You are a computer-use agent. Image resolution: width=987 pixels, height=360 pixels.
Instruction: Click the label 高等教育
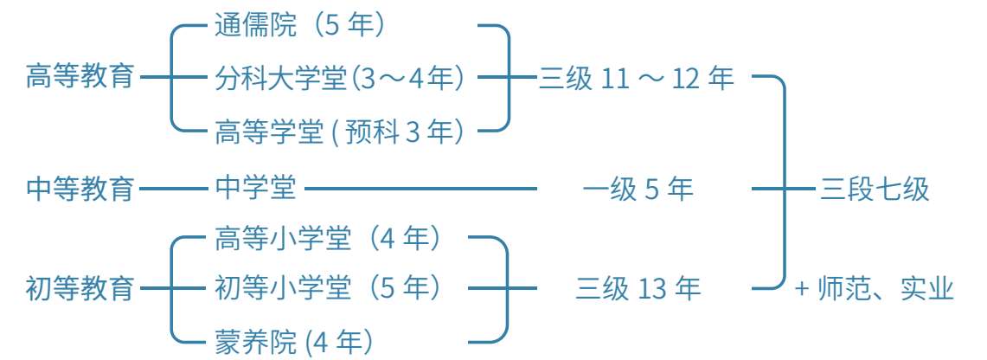(x=80, y=76)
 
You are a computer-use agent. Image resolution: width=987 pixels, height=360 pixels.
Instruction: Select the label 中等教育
(x=80, y=187)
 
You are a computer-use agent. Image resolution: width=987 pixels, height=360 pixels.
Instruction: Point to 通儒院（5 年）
(x=299, y=25)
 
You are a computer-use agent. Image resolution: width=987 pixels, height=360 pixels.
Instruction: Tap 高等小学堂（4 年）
(x=329, y=238)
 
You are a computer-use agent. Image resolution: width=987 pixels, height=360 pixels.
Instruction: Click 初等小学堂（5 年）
(x=329, y=287)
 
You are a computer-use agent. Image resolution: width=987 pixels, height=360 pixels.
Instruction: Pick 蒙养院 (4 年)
(x=294, y=340)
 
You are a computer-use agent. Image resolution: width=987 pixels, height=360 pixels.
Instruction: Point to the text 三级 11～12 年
(x=637, y=79)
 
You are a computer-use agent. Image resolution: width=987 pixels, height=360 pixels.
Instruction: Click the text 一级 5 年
(x=638, y=189)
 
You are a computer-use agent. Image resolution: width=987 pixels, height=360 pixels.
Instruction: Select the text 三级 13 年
(x=638, y=288)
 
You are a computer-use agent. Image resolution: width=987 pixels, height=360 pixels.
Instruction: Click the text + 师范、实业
(x=874, y=288)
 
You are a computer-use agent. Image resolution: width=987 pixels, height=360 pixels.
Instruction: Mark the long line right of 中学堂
(x=421, y=187)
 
